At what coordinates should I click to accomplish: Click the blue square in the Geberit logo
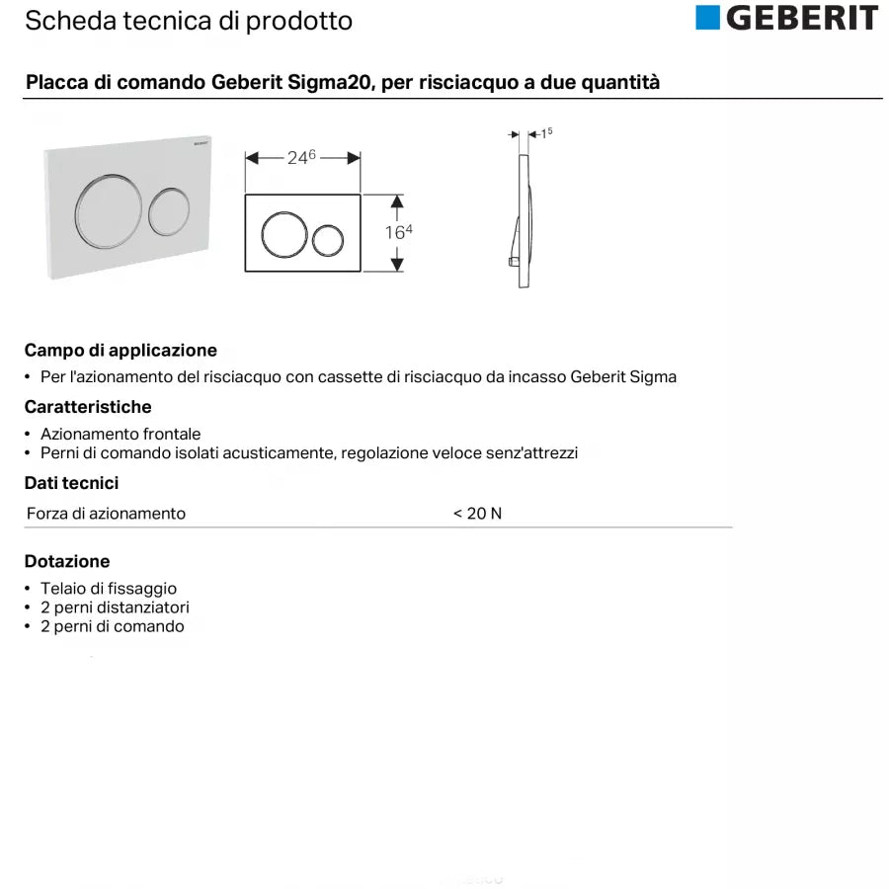(x=708, y=18)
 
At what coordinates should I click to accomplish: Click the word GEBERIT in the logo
(x=801, y=18)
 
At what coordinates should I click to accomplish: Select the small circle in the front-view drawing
(x=327, y=240)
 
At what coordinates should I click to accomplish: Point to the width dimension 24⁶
(x=301, y=157)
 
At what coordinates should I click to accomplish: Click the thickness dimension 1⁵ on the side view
(x=547, y=132)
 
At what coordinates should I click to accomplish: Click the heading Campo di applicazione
(x=121, y=351)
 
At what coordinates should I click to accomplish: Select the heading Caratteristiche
(x=88, y=407)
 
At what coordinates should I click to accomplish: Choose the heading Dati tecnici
(x=71, y=483)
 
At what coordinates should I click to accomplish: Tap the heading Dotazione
(x=67, y=561)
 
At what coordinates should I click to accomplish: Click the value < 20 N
(x=477, y=514)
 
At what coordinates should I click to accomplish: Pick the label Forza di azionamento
(x=106, y=514)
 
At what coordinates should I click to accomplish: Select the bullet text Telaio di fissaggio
(x=109, y=589)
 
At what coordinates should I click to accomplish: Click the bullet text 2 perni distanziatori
(x=115, y=607)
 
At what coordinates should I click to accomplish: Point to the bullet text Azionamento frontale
(x=121, y=434)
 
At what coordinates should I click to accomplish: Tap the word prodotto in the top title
(x=304, y=20)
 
